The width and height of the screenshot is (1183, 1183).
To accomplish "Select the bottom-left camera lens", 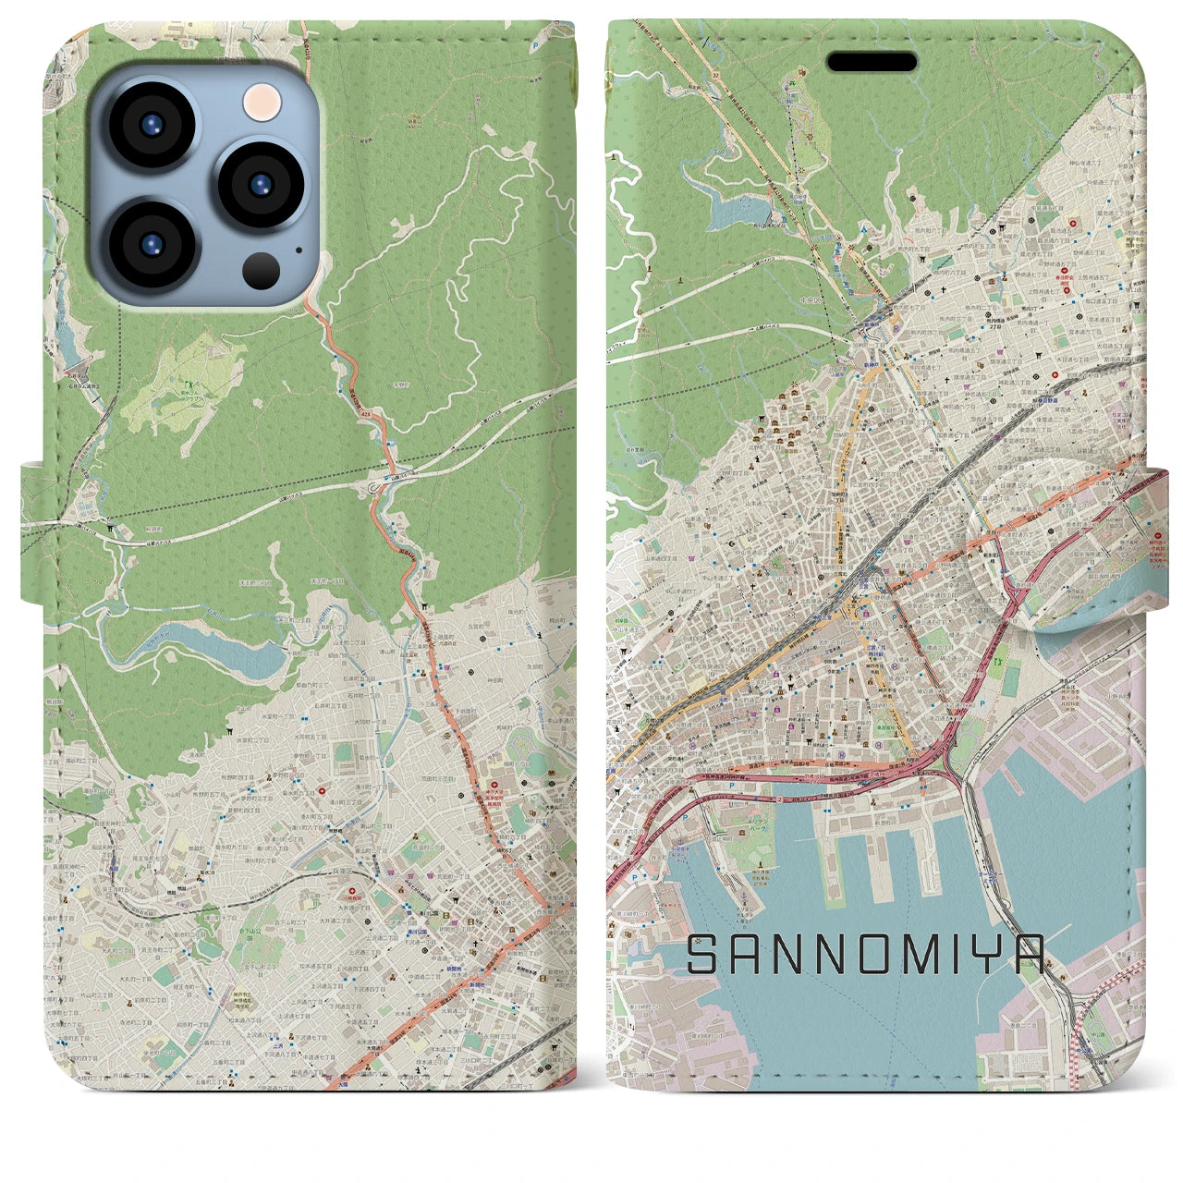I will (152, 243).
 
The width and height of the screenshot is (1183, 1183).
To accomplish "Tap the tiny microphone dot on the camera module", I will (298, 248).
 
